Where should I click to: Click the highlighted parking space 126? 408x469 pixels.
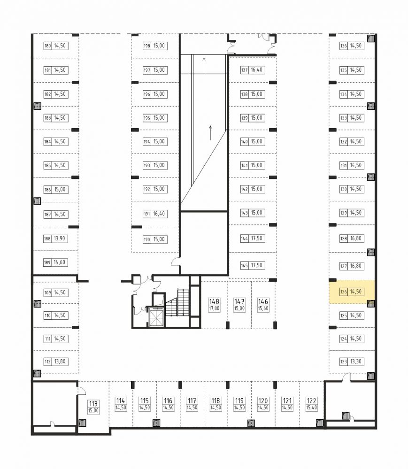(352, 292)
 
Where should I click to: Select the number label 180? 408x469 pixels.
(47, 46)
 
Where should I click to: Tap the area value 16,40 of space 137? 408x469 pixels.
(257, 70)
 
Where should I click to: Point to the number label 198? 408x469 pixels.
(146, 46)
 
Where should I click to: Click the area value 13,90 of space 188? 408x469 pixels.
(60, 238)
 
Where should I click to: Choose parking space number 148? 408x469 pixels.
(214, 301)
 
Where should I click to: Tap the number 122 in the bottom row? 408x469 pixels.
(311, 400)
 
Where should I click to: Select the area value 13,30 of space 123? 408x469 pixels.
(356, 361)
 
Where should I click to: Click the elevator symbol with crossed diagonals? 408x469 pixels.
(156, 318)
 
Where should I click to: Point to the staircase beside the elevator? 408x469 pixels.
(177, 303)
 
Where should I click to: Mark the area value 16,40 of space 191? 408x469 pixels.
(159, 214)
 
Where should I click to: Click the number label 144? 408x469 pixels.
(245, 238)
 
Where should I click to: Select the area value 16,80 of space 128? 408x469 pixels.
(356, 238)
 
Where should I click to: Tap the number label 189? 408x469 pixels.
(47, 262)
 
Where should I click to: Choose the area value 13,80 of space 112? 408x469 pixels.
(60, 361)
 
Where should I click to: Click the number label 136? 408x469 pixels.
(343, 46)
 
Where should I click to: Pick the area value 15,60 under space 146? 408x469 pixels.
(263, 308)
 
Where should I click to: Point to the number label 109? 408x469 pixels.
(47, 292)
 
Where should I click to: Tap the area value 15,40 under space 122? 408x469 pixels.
(311, 407)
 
